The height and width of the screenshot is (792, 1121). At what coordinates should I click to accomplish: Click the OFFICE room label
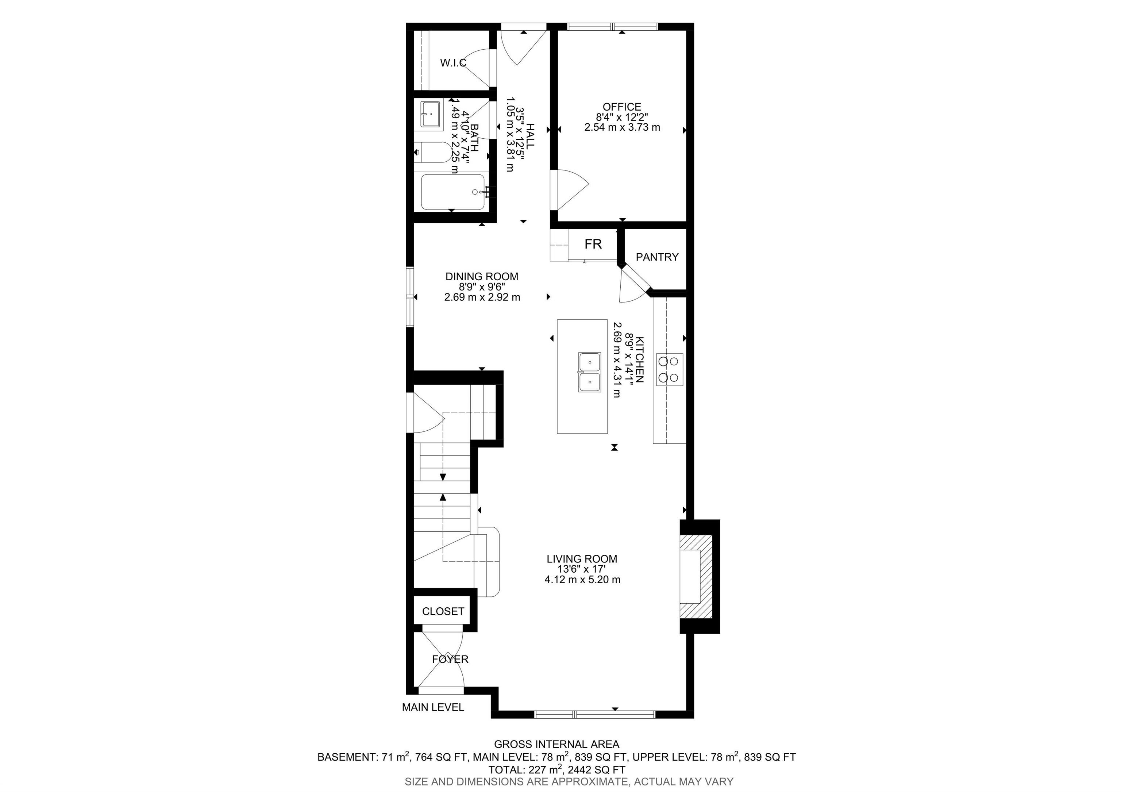click(621, 107)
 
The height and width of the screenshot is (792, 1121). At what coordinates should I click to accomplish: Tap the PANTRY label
click(657, 257)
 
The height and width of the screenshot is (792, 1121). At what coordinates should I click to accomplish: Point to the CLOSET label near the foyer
click(443, 611)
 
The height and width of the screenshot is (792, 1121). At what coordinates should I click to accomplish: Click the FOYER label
click(450, 659)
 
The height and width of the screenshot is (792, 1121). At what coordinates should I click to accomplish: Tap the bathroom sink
click(431, 114)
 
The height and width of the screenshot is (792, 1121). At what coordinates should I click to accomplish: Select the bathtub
click(452, 192)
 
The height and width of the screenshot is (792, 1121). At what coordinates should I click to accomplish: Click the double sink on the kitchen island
click(590, 372)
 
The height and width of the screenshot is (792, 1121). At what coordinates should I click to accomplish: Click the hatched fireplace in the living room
click(696, 577)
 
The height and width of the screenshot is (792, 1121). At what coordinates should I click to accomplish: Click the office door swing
click(571, 188)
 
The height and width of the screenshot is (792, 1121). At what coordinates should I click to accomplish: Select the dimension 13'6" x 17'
click(582, 569)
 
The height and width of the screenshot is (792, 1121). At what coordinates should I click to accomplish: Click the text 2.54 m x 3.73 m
click(622, 127)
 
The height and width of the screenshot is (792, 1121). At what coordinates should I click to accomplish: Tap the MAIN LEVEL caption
click(432, 707)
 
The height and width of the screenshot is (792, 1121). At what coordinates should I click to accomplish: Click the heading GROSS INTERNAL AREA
click(556, 744)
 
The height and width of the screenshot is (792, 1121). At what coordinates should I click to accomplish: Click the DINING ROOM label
click(481, 276)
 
